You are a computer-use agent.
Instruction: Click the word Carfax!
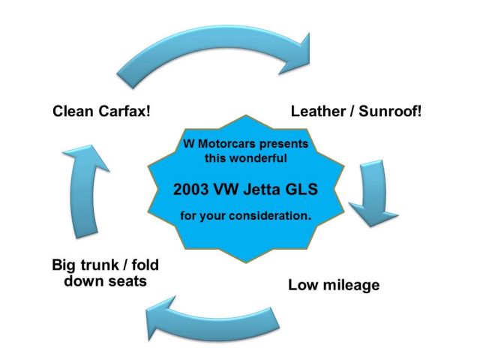122,112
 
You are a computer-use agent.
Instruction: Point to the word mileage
348,285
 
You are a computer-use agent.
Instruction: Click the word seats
120,281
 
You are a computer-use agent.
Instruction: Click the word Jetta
263,190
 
